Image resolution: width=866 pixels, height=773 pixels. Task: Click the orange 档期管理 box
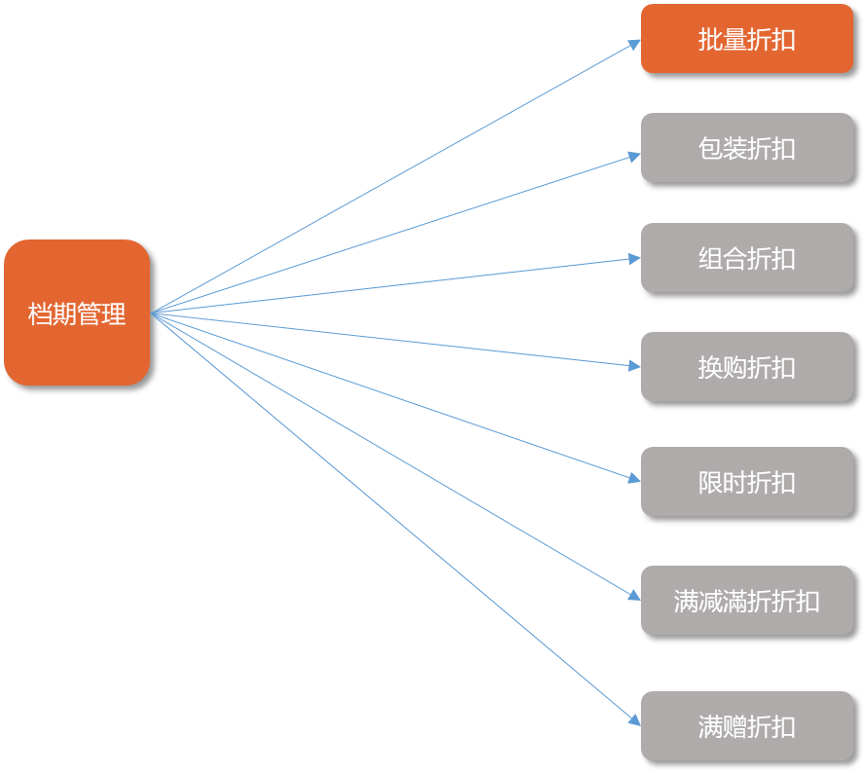point(77,313)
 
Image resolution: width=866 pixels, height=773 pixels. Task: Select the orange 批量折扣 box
point(746,39)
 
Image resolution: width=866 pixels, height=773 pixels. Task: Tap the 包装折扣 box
point(746,148)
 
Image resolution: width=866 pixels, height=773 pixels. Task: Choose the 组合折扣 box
point(746,258)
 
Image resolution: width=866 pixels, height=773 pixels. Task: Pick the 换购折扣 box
point(746,367)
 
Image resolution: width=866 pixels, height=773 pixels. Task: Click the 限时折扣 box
point(746,482)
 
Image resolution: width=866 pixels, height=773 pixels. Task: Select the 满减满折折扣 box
point(746,601)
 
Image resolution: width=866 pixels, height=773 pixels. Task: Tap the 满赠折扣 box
point(746,726)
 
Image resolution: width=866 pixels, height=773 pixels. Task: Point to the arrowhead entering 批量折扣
point(634,43)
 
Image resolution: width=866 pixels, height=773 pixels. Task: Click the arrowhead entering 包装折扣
point(634,155)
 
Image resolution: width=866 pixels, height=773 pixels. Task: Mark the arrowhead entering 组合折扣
point(634,259)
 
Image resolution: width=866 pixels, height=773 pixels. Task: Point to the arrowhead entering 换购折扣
point(634,366)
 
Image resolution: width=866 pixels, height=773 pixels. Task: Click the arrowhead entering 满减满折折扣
point(634,595)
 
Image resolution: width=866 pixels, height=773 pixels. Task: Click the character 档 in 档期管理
point(40,314)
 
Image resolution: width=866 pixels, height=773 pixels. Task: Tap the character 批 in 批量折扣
point(710,40)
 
